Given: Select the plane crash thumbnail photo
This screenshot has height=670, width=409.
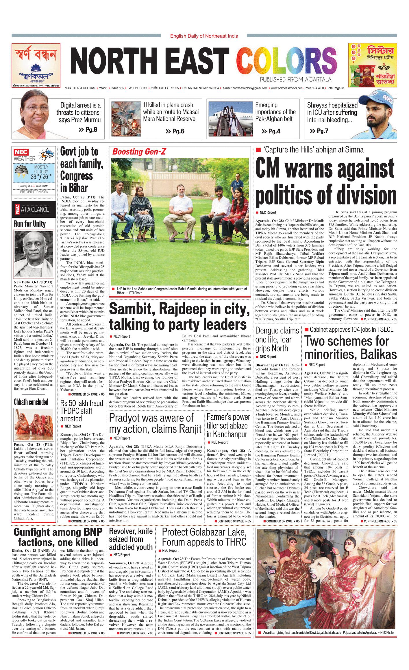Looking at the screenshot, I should point(126,119).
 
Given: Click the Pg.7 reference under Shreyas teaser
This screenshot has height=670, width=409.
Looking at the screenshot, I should point(319,131).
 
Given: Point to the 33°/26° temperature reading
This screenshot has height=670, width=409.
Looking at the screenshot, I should point(41,177).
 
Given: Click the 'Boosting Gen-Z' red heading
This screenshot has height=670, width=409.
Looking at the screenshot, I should point(139,152).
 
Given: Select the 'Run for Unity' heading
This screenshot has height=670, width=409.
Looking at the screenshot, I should point(30,224).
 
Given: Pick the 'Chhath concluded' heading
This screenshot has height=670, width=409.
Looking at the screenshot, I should point(31,402).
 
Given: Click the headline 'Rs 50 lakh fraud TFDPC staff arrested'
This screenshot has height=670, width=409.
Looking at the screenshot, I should point(82,411).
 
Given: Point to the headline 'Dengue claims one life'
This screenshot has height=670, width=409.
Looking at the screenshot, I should point(277,339).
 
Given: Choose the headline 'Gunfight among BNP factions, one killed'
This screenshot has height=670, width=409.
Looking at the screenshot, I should point(58,537).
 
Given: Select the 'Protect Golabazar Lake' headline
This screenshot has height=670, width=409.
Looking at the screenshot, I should point(204,537).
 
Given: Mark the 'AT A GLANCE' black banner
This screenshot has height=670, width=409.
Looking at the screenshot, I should point(34,209).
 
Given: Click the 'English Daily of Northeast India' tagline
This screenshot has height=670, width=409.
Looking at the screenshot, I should point(204,36).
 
